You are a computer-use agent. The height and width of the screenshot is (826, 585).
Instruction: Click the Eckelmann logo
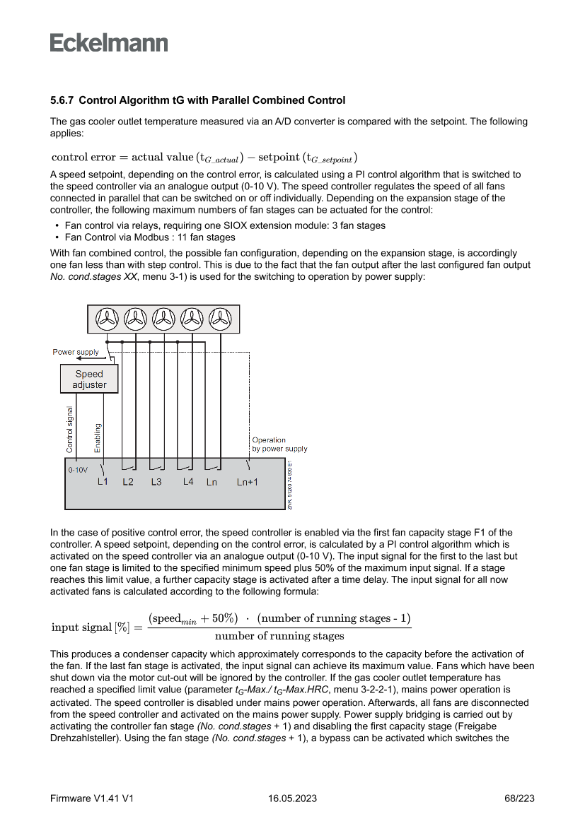tap(109, 43)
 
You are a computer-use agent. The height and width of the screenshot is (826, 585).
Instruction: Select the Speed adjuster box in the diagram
tap(89, 379)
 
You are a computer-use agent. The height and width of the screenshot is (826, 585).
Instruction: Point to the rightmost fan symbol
tap(220, 319)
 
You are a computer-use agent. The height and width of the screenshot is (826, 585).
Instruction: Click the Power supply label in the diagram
tap(76, 352)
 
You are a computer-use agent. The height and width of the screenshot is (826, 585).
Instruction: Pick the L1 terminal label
tap(103, 482)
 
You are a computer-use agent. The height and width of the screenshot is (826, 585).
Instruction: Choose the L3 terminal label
tap(156, 483)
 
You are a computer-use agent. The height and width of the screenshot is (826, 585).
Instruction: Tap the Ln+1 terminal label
tap(247, 483)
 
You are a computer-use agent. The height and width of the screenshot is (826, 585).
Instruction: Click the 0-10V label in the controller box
tap(78, 469)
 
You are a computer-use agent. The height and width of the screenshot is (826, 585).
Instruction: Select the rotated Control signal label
tap(69, 429)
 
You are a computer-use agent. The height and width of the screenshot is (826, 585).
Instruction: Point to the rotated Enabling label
tap(98, 437)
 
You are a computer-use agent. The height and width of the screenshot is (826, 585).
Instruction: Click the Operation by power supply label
tap(279, 444)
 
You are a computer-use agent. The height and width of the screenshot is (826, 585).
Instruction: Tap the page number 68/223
tap(519, 798)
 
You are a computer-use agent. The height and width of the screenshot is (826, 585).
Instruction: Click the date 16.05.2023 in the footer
tap(292, 798)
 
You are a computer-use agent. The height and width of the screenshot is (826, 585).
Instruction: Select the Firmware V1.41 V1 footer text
tap(92, 798)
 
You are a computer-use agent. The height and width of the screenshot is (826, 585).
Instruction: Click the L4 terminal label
tap(188, 482)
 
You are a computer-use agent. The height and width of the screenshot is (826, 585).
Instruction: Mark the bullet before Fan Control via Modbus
tap(56, 237)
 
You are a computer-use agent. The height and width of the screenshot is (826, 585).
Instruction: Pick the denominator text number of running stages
tap(279, 636)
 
